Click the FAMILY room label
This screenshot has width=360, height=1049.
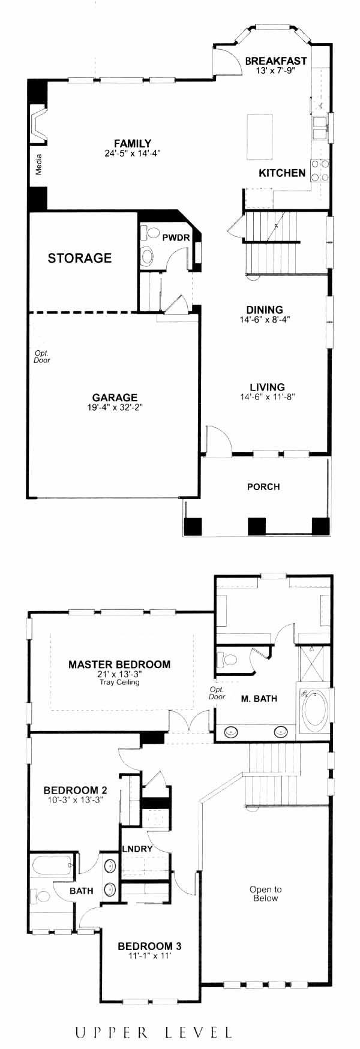coord(133,143)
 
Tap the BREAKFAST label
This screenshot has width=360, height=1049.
coord(276,61)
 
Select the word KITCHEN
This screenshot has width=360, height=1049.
coord(282,173)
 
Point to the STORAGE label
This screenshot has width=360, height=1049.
coord(80,258)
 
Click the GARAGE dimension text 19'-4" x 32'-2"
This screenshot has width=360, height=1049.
coord(115,407)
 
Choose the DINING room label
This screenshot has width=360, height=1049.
coord(265,310)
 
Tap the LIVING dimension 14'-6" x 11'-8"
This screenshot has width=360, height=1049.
coord(268,396)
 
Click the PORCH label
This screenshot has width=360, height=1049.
coord(263,486)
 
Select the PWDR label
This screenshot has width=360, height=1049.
coord(176,238)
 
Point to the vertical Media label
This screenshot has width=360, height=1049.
coord(39,164)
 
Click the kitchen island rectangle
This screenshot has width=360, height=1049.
coord(259,136)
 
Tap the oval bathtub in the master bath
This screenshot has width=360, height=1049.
coord(314,711)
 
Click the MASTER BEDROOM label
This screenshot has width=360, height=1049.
coord(119,665)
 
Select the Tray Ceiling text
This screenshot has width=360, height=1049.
coord(119,682)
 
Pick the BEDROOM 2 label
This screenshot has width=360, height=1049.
coord(76,790)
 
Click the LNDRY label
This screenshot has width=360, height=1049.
coord(137,849)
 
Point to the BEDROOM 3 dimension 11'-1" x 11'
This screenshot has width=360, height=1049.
coord(149,956)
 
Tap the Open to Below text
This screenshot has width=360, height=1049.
coord(265,894)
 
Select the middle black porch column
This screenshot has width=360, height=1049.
coord(257,526)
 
